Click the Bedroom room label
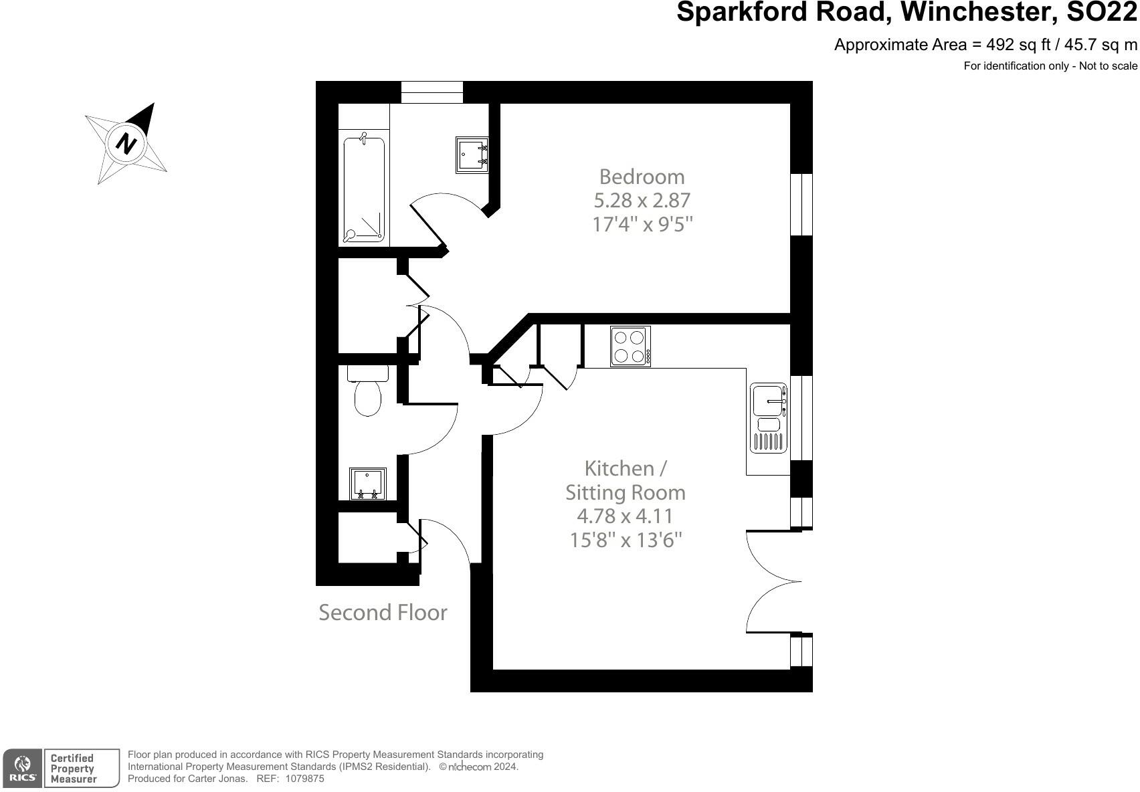click(642, 177)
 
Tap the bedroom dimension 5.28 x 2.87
click(642, 200)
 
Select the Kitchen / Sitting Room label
click(625, 480)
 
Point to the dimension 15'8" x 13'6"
click(625, 540)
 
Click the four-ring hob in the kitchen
click(630, 346)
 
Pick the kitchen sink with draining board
click(768, 418)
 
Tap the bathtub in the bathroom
click(364, 189)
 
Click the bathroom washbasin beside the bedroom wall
click(472, 155)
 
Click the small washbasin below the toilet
click(368, 484)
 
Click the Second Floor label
click(383, 613)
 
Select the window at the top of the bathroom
click(432, 92)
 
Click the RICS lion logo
click(23, 768)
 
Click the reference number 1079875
click(304, 779)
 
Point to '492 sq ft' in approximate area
click(1012, 45)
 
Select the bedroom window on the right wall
click(801, 205)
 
